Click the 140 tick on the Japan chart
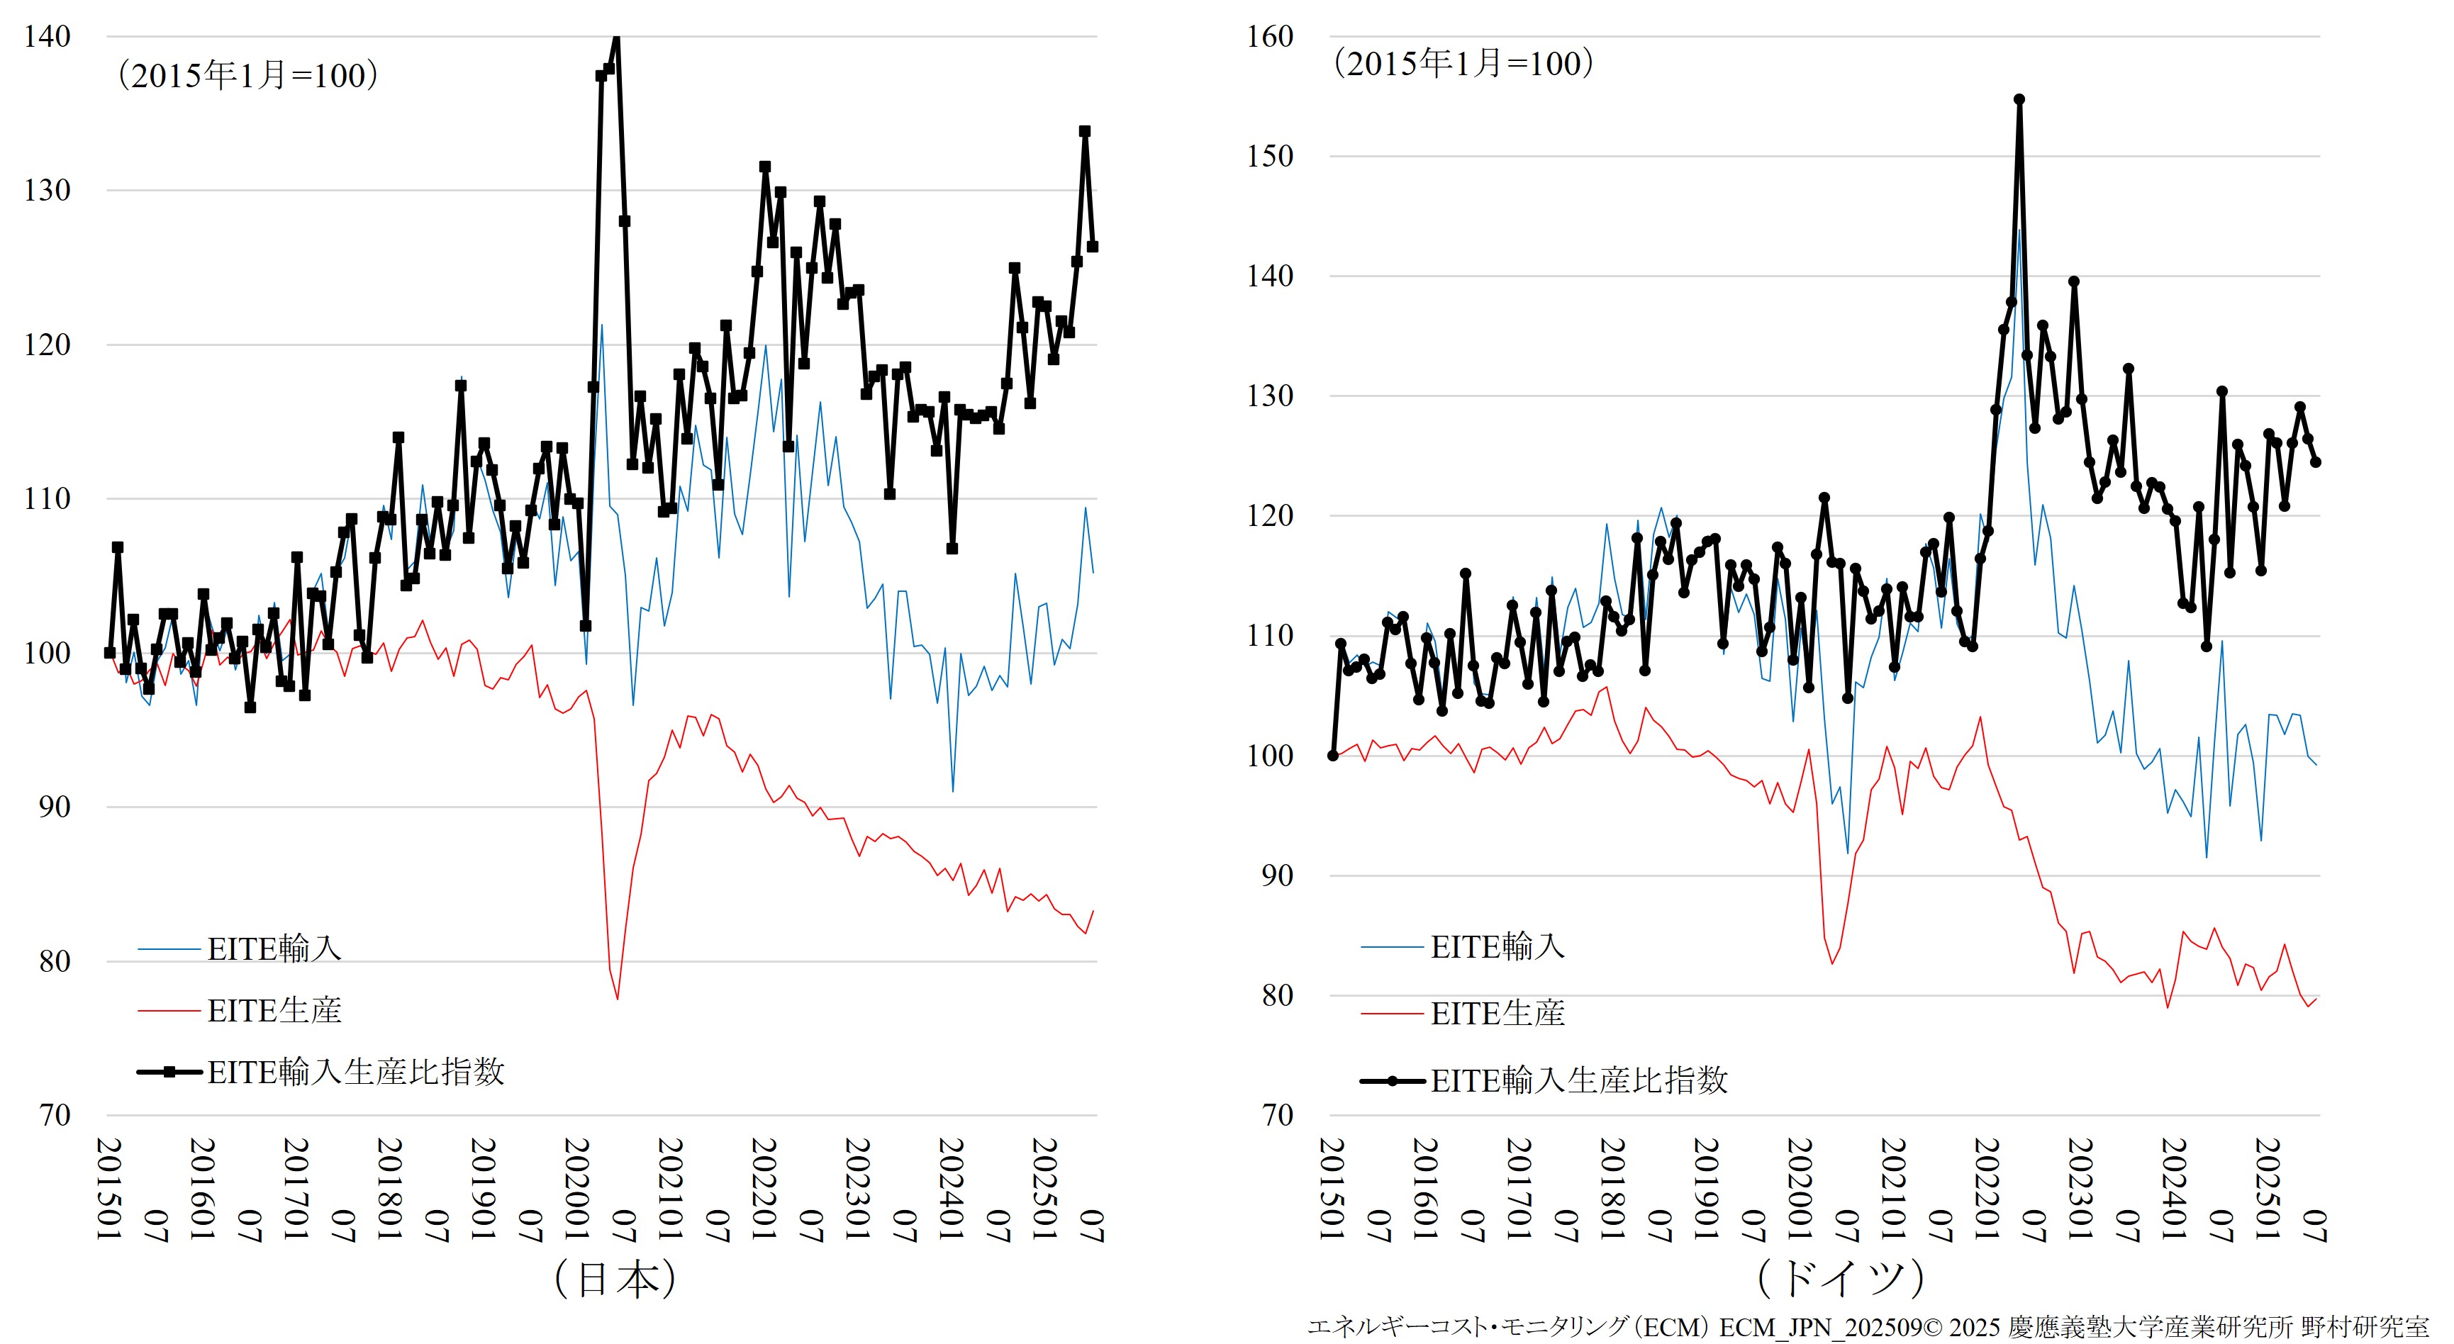(47, 37)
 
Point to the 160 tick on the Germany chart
(1270, 37)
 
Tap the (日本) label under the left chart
(615, 1278)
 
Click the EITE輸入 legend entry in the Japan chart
(274, 948)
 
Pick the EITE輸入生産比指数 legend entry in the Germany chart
(1578, 1080)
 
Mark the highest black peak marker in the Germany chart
(2019, 99)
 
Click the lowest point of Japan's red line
(618, 998)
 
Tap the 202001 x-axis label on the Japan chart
(576, 1189)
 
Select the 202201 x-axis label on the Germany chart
(1986, 1189)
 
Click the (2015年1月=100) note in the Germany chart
(1462, 64)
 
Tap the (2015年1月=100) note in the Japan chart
(247, 75)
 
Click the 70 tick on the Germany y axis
(1278, 1116)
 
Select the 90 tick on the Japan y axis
(55, 807)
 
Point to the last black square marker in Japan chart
(1093, 247)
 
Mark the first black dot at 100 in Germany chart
(1333, 756)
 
